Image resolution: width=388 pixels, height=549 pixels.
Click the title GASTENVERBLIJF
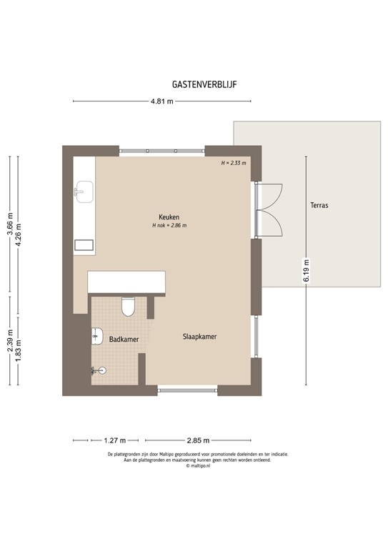(204, 84)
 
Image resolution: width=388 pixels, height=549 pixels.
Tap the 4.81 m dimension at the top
(161, 102)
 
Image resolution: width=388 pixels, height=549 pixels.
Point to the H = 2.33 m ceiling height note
(233, 163)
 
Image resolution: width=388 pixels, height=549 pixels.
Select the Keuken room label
(169, 217)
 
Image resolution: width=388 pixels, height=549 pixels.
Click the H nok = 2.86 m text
(169, 226)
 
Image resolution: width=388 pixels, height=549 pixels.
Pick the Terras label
(319, 205)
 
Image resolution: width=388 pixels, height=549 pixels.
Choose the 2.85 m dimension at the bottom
(198, 440)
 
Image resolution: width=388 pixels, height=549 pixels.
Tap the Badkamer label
(124, 340)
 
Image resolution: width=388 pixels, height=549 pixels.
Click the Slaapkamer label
(199, 336)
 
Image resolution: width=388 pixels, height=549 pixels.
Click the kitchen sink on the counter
(84, 190)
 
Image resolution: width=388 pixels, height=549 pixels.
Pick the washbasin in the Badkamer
(98, 336)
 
